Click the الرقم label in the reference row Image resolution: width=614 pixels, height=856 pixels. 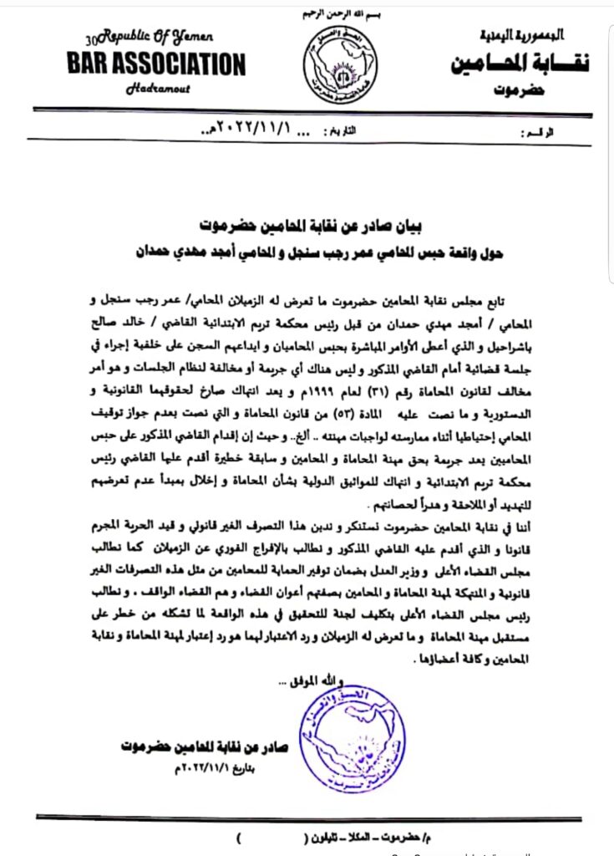541,133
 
